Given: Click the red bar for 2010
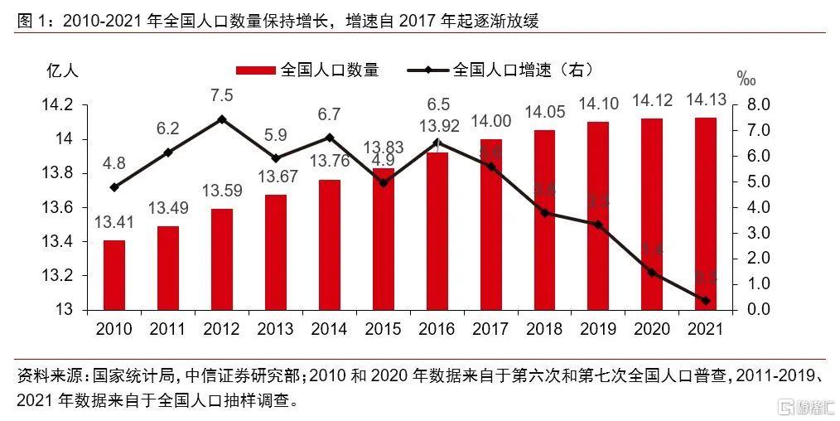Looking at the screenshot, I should click(x=114, y=275).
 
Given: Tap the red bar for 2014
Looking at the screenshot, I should click(x=329, y=244).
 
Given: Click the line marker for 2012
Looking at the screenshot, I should click(x=221, y=119).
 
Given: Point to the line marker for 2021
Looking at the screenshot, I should click(x=705, y=301).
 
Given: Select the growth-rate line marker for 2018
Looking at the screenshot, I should click(x=543, y=213).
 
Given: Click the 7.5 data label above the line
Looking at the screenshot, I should click(x=221, y=94).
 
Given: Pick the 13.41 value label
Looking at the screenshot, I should click(x=114, y=222).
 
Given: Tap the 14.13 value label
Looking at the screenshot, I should click(x=705, y=100).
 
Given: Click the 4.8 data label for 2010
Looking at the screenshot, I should click(x=114, y=163).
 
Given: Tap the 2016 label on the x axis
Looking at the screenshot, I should click(x=437, y=329).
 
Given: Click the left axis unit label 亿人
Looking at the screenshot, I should click(x=62, y=70).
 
